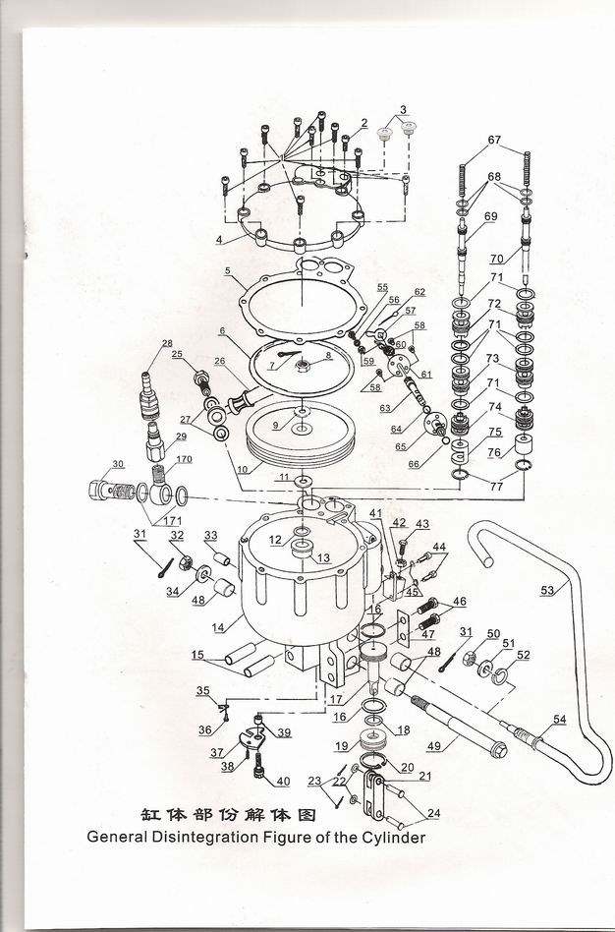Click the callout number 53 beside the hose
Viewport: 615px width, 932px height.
pyautogui.click(x=547, y=590)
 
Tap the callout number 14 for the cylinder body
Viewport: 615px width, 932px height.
pyautogui.click(x=219, y=627)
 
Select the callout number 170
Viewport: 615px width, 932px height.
pyautogui.click(x=184, y=459)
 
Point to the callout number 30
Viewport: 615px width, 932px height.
pyautogui.click(x=118, y=464)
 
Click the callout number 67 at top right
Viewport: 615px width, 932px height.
pyautogui.click(x=494, y=141)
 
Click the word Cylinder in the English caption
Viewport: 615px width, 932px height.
pyautogui.click(x=395, y=838)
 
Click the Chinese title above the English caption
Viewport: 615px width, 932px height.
pyautogui.click(x=228, y=814)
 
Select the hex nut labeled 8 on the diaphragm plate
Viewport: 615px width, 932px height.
pyautogui.click(x=301, y=365)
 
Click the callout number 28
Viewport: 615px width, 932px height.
pyautogui.click(x=167, y=343)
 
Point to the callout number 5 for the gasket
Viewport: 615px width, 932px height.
pyautogui.click(x=228, y=271)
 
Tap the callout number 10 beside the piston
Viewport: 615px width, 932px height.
pyautogui.click(x=243, y=470)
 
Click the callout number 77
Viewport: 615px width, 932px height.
pyautogui.click(x=497, y=487)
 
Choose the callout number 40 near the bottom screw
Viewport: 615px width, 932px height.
pyautogui.click(x=282, y=781)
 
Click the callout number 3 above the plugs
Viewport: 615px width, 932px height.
pyautogui.click(x=404, y=110)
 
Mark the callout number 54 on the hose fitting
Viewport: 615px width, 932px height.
pyautogui.click(x=559, y=720)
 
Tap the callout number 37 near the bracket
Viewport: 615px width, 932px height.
pyautogui.click(x=217, y=752)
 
